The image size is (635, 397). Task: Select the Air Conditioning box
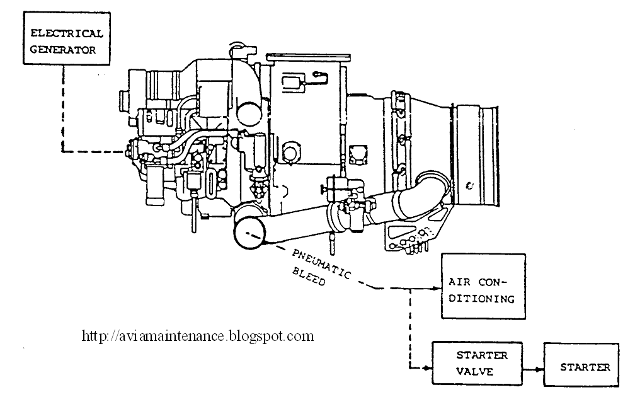[x=483, y=289]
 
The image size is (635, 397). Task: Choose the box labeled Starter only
[x=585, y=367]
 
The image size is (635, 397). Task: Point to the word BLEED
[x=309, y=278]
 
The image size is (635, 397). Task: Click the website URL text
[x=198, y=336]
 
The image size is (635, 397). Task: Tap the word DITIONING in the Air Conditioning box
[x=482, y=298]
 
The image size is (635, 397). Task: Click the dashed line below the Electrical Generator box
[x=62, y=107]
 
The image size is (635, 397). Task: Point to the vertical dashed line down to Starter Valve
[x=410, y=328]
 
